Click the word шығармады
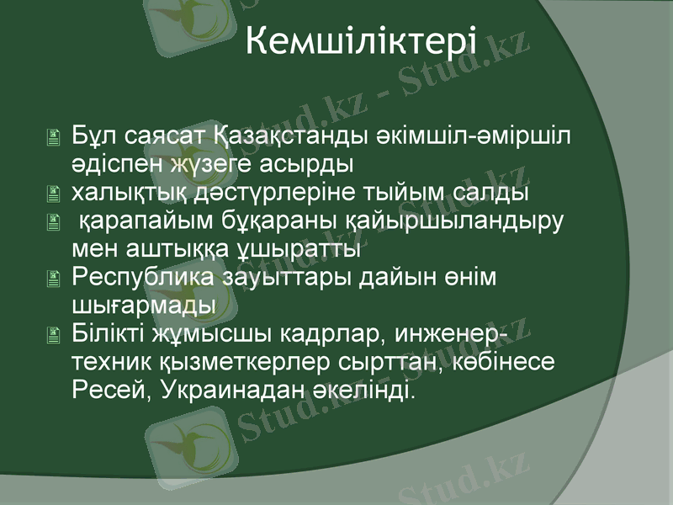click(x=144, y=305)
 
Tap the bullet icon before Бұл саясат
click(x=56, y=136)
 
